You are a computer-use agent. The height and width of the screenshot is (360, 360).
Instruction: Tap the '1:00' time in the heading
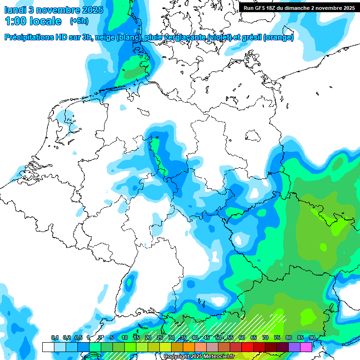(16, 21)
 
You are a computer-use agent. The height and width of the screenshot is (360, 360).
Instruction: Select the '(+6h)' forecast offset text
(79, 21)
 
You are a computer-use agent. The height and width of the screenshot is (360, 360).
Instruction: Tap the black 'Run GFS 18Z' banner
(299, 7)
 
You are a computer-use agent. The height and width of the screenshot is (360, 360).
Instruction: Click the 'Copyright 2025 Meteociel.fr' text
(199, 357)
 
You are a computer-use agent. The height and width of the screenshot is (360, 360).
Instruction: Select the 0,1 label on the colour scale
(54, 338)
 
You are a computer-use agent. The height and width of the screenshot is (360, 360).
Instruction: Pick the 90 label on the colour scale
(312, 338)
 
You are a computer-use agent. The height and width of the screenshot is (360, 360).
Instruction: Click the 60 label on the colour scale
(242, 338)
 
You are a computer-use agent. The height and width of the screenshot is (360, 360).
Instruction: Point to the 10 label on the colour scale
(124, 338)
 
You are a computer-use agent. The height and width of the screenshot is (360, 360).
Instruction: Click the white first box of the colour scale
(48, 347)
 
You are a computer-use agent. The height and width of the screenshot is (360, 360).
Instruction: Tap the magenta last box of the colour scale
(306, 347)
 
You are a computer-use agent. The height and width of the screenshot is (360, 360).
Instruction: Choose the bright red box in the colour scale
(247, 347)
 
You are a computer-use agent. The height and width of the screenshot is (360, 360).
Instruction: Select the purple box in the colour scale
(294, 347)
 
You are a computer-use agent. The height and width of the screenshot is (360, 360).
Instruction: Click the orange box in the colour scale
(189, 347)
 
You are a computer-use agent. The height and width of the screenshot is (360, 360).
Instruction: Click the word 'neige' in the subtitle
(105, 37)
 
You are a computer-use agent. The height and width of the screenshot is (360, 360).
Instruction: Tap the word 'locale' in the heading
(45, 21)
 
